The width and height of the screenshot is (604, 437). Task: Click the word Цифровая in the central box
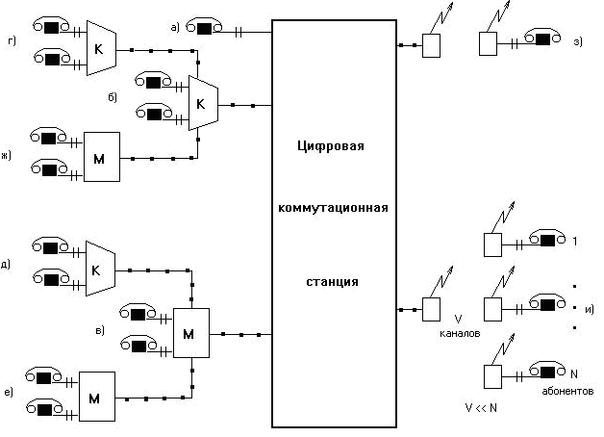[x=334, y=145]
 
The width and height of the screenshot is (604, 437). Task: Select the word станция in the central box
[x=334, y=282]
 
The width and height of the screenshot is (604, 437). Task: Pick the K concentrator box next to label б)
[x=203, y=102]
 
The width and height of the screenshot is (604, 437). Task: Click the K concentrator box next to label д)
[x=98, y=270]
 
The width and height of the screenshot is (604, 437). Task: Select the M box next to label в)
[x=190, y=334]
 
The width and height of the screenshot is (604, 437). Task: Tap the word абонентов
[x=568, y=392]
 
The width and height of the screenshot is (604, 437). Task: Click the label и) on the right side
[x=589, y=308]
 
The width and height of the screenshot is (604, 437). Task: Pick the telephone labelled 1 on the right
[x=541, y=241]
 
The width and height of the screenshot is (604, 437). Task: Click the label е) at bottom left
[x=8, y=393]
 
